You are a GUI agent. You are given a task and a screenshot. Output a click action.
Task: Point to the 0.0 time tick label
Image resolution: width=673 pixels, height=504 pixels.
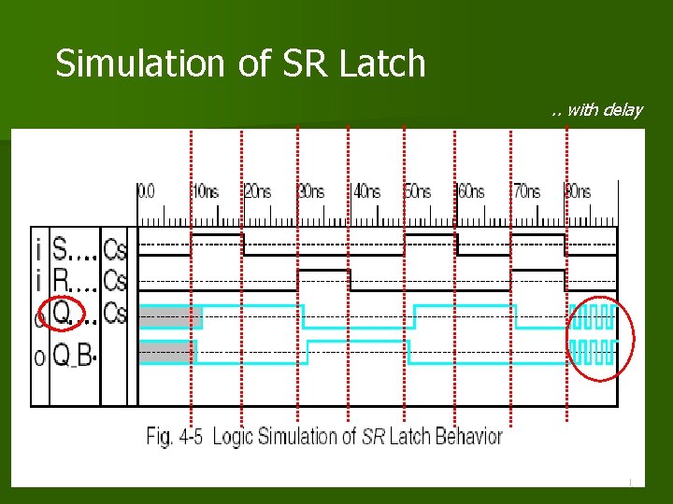pos(147,191)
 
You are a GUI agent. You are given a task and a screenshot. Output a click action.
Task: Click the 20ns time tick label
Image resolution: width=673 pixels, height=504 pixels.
pos(257,191)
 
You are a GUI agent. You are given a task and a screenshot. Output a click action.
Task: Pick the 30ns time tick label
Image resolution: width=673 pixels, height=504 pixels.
pos(311,191)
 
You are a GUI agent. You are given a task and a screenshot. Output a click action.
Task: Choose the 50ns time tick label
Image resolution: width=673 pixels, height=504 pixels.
pos(418,191)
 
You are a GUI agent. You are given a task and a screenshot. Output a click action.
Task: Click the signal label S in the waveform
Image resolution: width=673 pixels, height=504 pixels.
pos(60,250)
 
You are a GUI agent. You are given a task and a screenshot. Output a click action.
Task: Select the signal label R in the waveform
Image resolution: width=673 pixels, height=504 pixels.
pos(60,281)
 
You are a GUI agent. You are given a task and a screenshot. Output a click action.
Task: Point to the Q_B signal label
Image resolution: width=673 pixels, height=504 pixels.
pos(73,355)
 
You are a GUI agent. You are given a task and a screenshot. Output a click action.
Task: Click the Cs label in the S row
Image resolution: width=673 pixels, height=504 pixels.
pos(116,250)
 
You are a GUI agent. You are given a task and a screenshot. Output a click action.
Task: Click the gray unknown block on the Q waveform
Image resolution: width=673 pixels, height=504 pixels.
pos(170,317)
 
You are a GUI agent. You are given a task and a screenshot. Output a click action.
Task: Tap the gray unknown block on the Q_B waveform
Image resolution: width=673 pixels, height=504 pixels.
pos(167,352)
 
